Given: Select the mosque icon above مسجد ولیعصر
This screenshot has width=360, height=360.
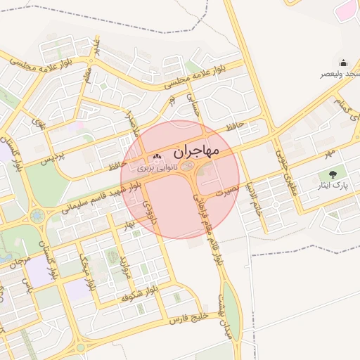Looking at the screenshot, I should point(343,63).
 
